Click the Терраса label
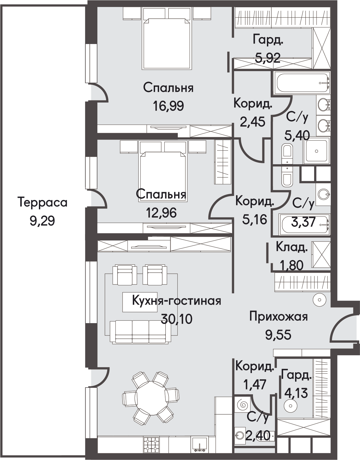click(42, 203)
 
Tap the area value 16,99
click(168, 106)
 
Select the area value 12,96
click(161, 213)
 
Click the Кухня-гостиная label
click(177, 301)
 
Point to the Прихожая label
click(278, 317)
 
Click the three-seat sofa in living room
click(140, 332)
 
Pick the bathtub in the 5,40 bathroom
click(302, 83)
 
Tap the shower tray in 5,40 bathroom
click(317, 151)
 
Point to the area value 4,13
click(296, 393)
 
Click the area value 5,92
click(268, 58)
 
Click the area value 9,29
click(42, 221)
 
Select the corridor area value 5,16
click(255, 220)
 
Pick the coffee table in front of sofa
click(140, 302)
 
